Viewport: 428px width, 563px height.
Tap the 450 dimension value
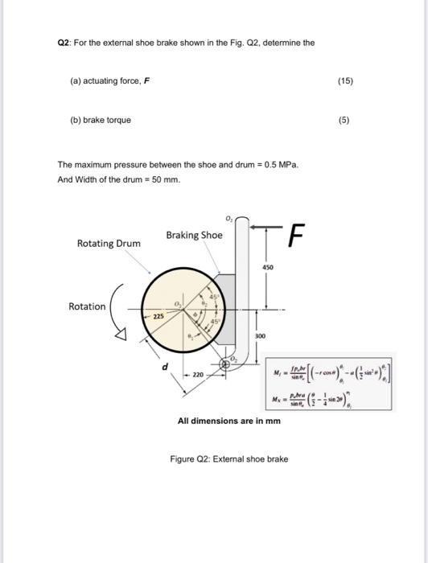pyautogui.click(x=267, y=267)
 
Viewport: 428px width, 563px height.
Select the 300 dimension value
pyautogui.click(x=260, y=335)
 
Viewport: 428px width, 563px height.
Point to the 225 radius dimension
pyautogui.click(x=159, y=318)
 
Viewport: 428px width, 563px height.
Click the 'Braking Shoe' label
pyautogui.click(x=194, y=235)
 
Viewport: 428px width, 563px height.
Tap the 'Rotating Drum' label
pyautogui.click(x=108, y=243)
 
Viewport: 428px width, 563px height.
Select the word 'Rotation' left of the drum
pyautogui.click(x=86, y=306)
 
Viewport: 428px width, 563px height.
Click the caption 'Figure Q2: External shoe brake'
pyautogui.click(x=228, y=459)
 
